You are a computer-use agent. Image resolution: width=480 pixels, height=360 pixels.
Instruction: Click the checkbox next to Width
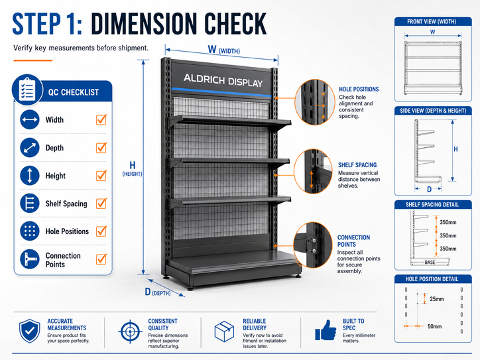(101, 119)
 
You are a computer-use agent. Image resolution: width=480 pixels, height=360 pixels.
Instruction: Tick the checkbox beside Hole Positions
(101, 231)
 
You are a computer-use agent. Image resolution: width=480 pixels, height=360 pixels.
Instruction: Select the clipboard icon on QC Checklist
(27, 90)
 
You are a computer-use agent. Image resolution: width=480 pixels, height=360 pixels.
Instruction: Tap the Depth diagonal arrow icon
(30, 148)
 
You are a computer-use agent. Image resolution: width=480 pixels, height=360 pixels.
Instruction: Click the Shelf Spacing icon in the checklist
(30, 204)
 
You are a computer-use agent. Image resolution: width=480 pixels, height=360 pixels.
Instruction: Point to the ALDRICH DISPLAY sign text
(223, 80)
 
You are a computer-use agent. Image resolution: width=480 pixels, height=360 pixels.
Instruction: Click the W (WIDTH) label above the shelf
(224, 50)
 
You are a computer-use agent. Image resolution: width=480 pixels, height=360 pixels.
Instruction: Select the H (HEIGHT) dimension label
(132, 168)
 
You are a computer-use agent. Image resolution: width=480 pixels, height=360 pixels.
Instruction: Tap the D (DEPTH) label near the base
(158, 292)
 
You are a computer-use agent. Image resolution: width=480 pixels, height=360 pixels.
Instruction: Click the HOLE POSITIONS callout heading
(359, 89)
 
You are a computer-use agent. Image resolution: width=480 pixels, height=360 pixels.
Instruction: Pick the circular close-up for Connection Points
(313, 245)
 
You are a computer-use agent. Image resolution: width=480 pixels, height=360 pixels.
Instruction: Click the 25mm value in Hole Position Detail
(437, 299)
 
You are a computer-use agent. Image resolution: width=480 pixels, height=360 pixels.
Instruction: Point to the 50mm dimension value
(435, 326)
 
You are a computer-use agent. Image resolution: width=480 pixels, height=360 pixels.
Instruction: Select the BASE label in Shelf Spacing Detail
(430, 263)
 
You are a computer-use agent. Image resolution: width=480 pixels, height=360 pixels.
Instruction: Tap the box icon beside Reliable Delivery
(224, 331)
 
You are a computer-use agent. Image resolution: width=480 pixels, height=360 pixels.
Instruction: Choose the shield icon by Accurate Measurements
(30, 331)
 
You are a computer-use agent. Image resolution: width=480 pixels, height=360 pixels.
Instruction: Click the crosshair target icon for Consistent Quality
(130, 331)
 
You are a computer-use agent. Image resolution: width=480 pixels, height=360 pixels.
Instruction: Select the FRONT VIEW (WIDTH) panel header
(432, 22)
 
